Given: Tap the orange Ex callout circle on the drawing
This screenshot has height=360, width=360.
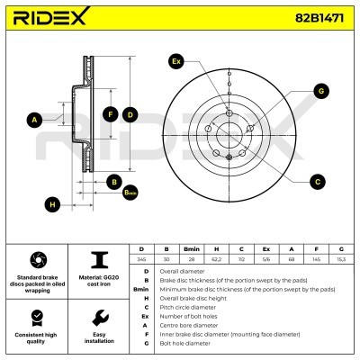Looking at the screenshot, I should coord(175,61).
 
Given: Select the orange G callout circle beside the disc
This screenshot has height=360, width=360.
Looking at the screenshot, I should coord(319,90).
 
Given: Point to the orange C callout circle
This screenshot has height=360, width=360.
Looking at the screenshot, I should coord(317,182).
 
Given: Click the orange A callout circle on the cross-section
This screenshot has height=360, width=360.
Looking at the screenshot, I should coord(35,120).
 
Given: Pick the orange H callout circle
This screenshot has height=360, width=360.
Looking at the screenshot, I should coord(53,204).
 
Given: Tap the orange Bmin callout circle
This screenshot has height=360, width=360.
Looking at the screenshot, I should coord(130,193).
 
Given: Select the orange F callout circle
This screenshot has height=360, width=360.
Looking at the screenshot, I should coord(110,114).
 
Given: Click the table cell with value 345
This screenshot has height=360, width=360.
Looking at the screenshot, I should coord(140,257).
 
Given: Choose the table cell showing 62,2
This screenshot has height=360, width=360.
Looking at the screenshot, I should coord(216,257).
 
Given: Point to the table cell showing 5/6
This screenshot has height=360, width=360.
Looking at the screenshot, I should coord(265,257).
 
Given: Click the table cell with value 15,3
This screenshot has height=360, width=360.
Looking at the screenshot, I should coord(341,257).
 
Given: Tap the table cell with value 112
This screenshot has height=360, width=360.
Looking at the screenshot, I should coord(241,257).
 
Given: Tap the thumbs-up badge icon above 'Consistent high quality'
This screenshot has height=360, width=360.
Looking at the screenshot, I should coord(36,317).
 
